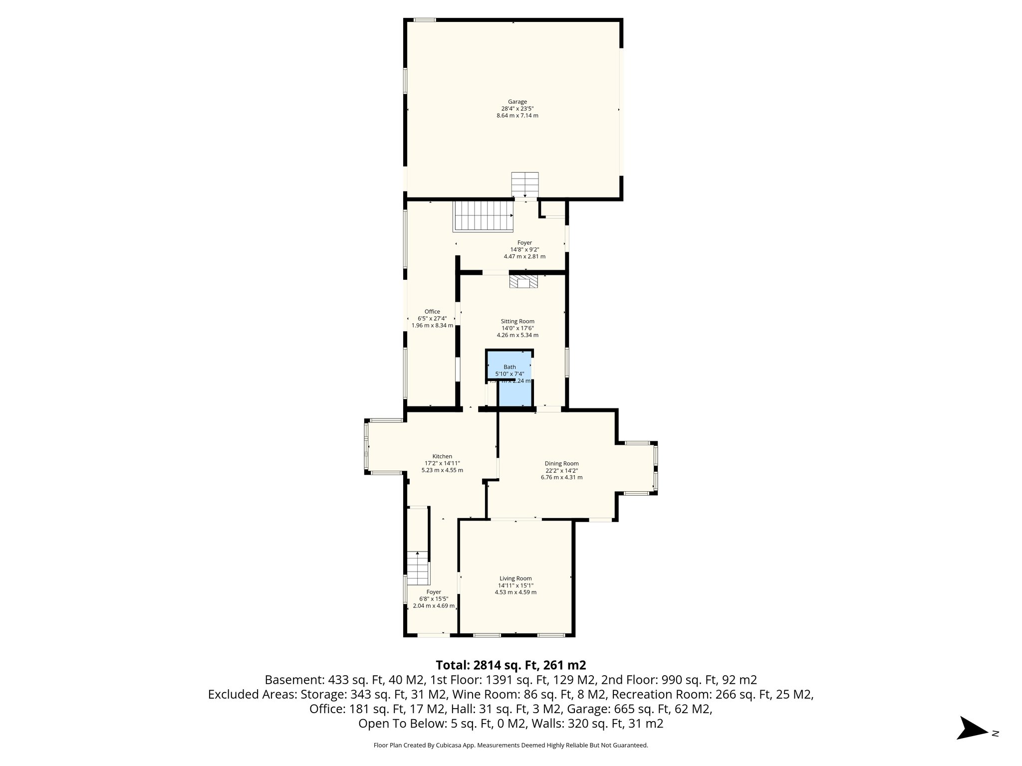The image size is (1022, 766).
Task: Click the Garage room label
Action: coord(517,102)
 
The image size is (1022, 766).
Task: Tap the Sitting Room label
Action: coord(517,322)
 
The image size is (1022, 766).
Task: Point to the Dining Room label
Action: coord(561,464)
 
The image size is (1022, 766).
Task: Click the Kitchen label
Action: coord(442,456)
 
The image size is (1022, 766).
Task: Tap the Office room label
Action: coord(432,312)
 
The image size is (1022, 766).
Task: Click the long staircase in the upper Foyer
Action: coord(483,216)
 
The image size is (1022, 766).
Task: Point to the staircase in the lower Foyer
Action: coord(418,568)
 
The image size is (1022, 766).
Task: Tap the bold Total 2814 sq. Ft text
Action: coord(511,665)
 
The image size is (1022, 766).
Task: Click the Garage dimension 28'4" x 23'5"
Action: coord(517,109)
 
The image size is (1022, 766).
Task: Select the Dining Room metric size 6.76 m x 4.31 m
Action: coord(561,477)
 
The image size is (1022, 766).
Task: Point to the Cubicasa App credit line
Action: coord(511,746)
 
